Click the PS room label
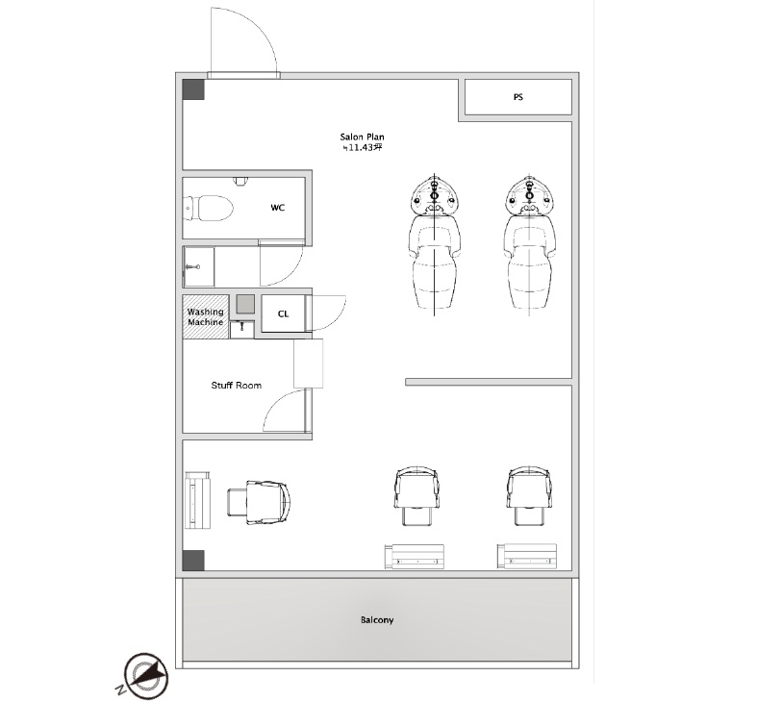tap(518, 97)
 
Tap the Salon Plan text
tap(362, 137)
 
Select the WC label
tap(278, 208)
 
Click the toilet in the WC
tap(209, 209)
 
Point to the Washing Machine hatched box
tap(206, 317)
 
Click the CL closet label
tap(284, 313)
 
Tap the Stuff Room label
tap(237, 386)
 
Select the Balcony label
tap(377, 619)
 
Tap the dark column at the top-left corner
tap(193, 89)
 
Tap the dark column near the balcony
tap(193, 561)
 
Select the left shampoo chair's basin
tap(435, 195)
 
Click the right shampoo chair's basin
tap(529, 195)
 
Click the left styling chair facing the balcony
tap(416, 496)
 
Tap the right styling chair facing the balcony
tap(529, 496)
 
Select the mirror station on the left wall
tap(197, 500)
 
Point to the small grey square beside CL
tap(245, 304)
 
